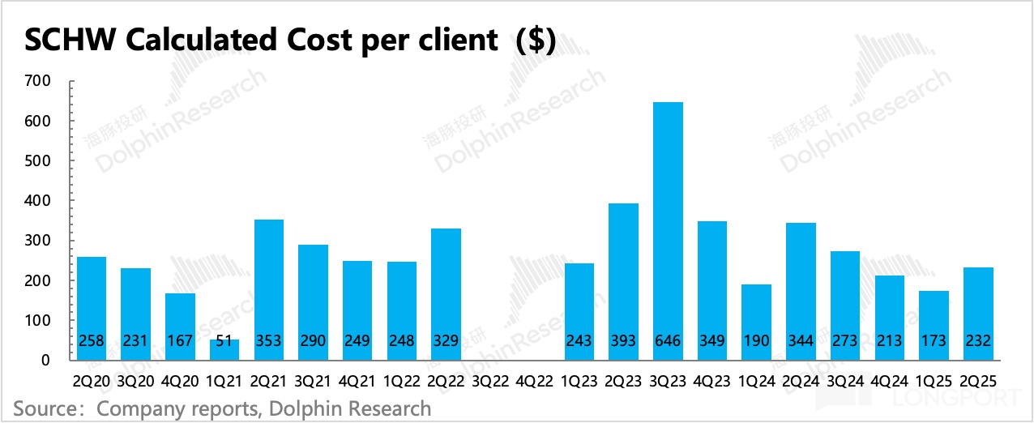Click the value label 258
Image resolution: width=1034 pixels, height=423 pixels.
point(91,341)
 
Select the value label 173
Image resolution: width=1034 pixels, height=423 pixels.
point(934,341)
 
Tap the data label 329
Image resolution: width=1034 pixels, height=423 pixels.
point(446,341)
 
